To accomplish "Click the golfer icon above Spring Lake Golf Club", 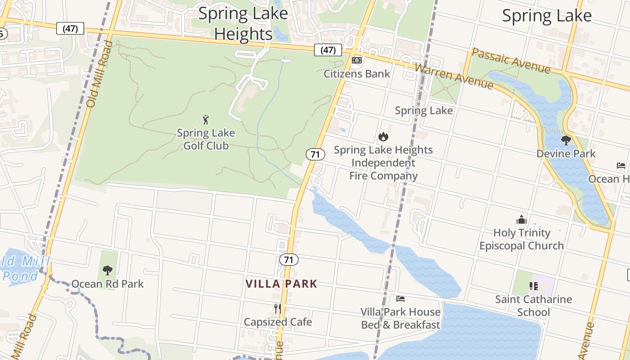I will tap(206, 120).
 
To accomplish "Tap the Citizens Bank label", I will tap(357, 73).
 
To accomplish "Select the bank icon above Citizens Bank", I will tap(357, 60).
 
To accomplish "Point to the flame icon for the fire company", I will tap(383, 136).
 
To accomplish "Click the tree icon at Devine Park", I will tap(566, 140).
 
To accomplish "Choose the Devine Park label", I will tap(566, 153).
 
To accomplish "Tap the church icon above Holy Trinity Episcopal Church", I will tap(522, 220).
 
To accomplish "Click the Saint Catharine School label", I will tap(534, 306).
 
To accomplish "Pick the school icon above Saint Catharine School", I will tap(534, 286).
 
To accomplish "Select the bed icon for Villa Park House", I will tap(400, 298).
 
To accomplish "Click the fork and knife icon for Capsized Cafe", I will tap(278, 309).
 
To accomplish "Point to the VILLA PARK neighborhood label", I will tap(281, 284).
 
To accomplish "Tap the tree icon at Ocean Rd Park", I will tap(107, 270).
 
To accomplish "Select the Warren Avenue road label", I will tap(454, 76).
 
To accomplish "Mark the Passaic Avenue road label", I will tap(511, 61).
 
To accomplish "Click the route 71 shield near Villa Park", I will tap(288, 260).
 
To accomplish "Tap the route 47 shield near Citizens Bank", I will tap(328, 50).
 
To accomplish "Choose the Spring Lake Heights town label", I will tap(243, 23).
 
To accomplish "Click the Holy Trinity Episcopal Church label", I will tap(522, 239).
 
